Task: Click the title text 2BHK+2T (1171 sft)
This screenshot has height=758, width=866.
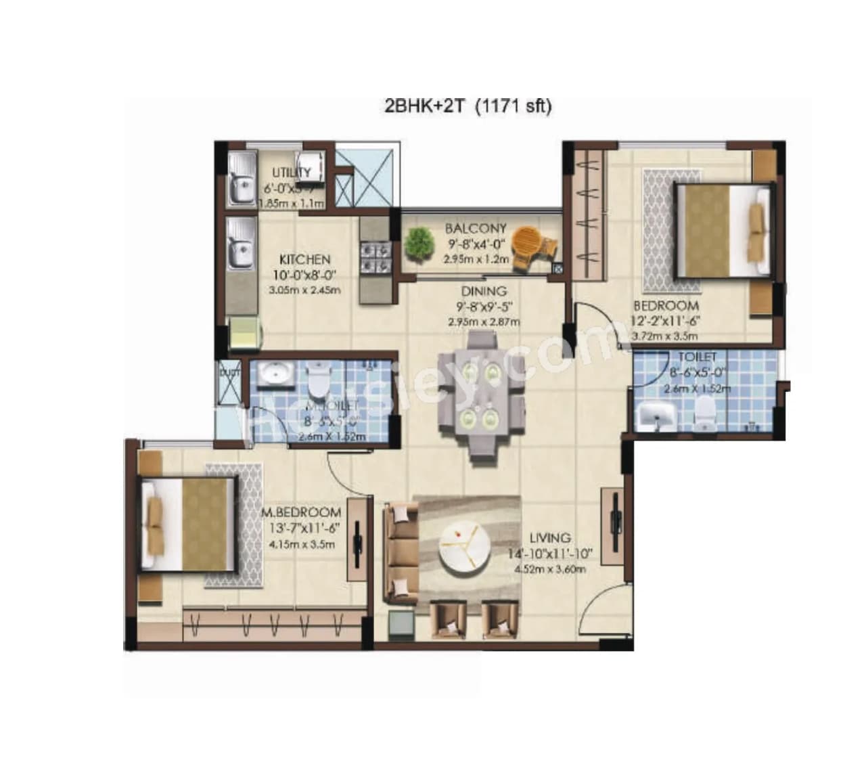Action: point(468,106)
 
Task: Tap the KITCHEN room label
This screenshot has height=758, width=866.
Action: point(305,259)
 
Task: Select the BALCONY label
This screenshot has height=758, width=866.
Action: point(476,229)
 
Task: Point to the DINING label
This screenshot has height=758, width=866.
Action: point(484,292)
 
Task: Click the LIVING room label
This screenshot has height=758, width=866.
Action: point(549,538)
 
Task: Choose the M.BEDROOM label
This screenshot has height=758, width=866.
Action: point(300,512)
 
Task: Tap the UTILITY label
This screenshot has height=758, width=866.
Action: point(292,173)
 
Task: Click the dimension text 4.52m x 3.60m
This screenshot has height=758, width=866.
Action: point(549,569)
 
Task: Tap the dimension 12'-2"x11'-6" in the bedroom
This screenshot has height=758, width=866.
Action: point(665,321)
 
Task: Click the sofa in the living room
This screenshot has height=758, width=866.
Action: point(401,553)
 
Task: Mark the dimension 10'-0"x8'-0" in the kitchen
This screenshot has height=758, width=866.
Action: point(304,275)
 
